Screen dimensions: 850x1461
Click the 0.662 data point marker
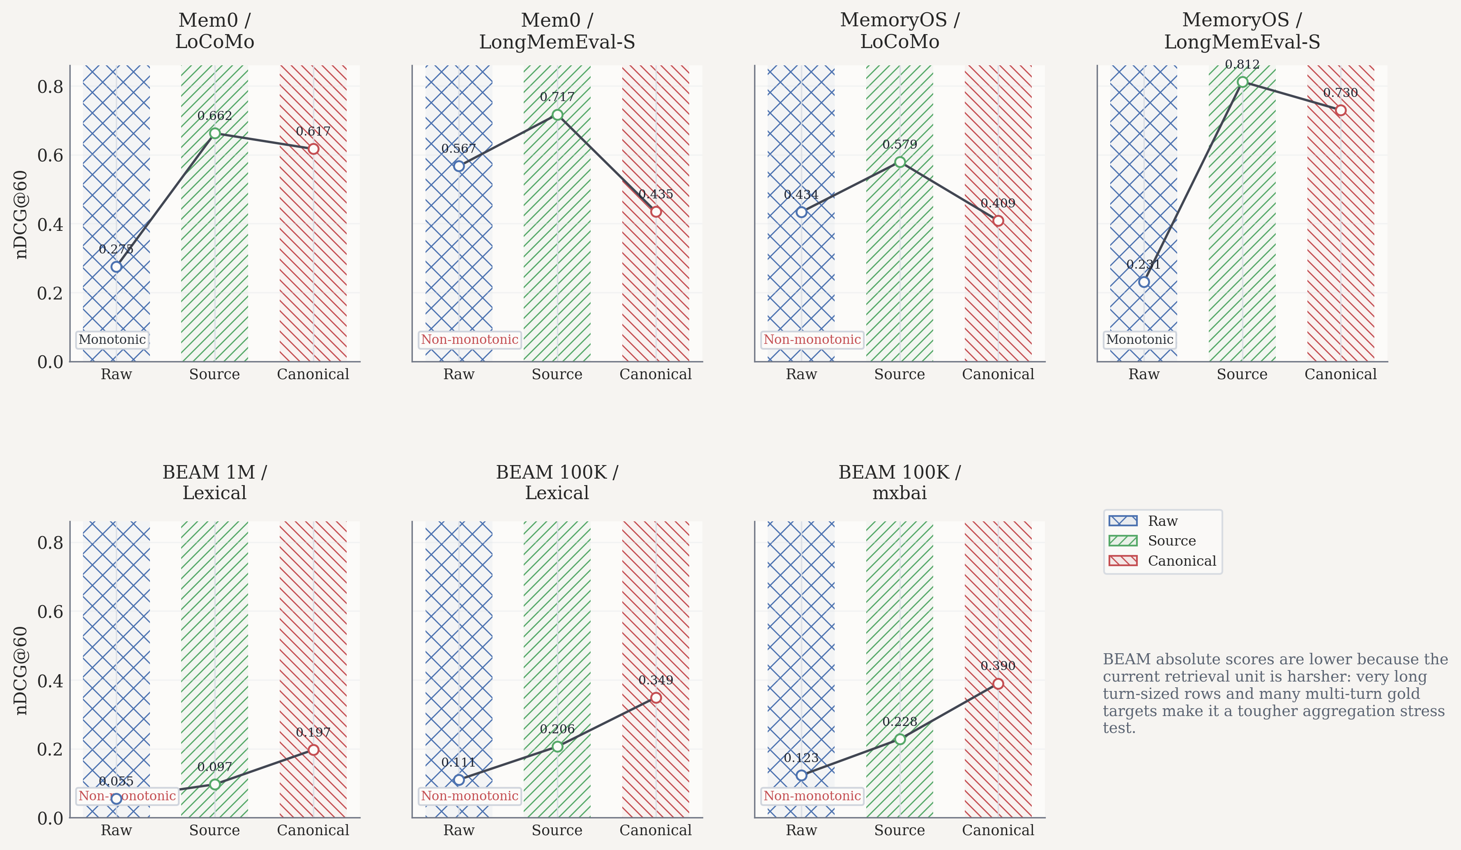[x=214, y=134]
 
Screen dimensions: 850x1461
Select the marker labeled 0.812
[x=1242, y=82]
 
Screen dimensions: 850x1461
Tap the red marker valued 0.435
[x=656, y=212]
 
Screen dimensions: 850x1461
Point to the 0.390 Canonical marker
[x=998, y=684]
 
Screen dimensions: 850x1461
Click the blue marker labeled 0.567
[x=459, y=166]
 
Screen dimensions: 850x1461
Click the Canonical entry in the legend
[x=1181, y=561]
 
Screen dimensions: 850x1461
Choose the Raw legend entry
[x=1162, y=521]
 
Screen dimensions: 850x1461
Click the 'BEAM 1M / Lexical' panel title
[x=214, y=482]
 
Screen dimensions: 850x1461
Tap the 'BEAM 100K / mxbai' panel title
[x=899, y=482]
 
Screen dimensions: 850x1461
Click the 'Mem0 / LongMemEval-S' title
[x=557, y=31]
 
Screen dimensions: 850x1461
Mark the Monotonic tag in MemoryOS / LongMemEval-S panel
[x=1139, y=339]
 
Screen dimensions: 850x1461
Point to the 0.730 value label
[x=1340, y=93]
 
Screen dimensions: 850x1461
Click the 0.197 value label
[x=313, y=733]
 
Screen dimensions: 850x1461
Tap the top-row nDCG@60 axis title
[x=21, y=214]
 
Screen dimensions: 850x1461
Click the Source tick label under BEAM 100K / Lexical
[x=557, y=830]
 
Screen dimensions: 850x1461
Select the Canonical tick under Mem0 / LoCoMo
[x=313, y=374]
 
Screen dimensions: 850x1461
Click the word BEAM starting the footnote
[x=1118, y=659]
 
